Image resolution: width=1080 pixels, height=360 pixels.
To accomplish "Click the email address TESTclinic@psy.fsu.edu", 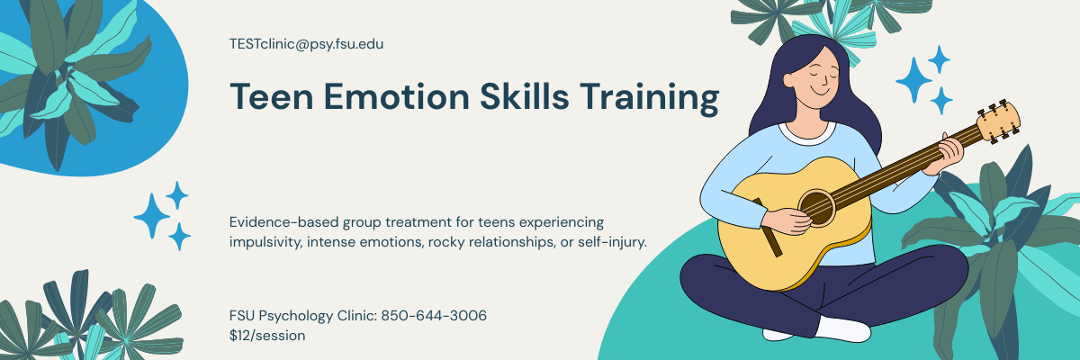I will (307, 43).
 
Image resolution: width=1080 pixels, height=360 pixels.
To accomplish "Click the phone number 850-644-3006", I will (434, 316).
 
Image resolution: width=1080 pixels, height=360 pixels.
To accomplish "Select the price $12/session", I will (267, 336).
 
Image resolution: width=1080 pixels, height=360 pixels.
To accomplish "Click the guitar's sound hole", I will (815, 204).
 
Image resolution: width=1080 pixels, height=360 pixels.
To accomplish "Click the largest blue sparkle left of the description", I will (152, 215).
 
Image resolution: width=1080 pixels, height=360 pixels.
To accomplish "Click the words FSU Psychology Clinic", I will (302, 316).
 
